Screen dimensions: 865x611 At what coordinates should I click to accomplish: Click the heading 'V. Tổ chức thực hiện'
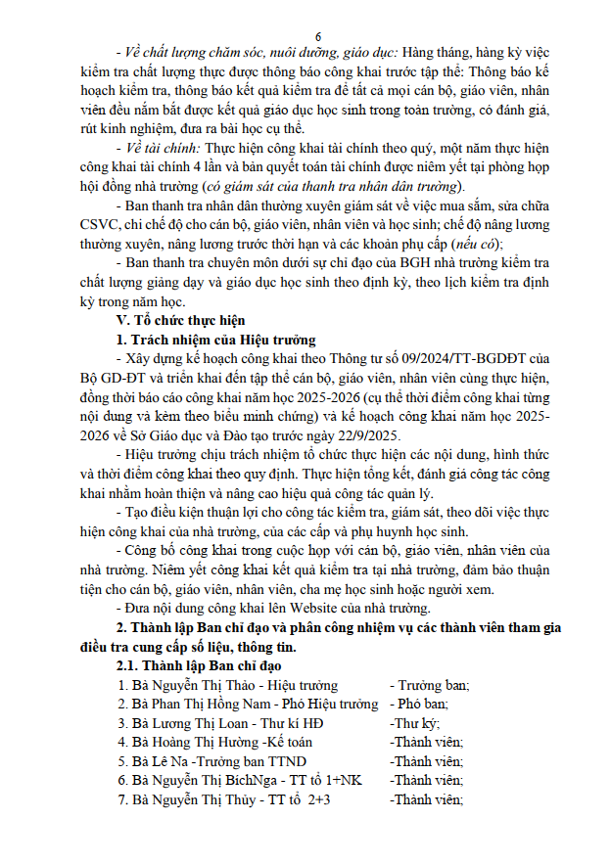pos(182,321)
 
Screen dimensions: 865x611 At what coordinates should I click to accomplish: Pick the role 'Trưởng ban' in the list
pos(430,685)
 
